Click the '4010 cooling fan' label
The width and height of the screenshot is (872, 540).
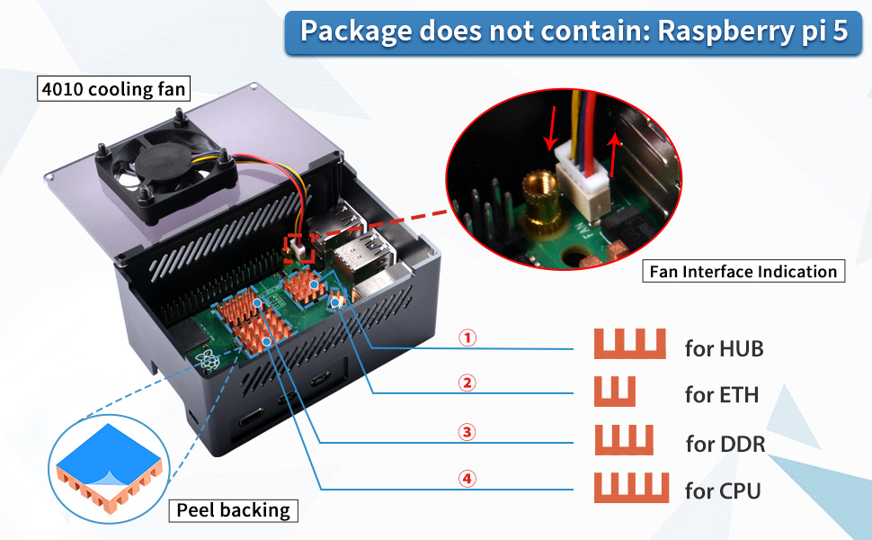[113, 90]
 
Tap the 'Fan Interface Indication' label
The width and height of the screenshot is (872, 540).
[743, 271]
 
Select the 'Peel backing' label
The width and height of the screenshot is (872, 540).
[233, 510]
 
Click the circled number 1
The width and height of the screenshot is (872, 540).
[466, 338]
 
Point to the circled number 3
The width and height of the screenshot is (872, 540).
[466, 432]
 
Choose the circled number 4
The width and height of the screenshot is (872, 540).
[466, 479]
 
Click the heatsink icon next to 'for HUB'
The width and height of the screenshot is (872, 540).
[629, 345]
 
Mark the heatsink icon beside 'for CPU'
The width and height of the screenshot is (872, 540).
[631, 487]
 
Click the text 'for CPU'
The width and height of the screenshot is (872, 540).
[723, 490]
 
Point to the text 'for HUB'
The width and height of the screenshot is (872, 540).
[724, 348]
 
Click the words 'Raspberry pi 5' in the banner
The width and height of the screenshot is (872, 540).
[752, 31]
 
